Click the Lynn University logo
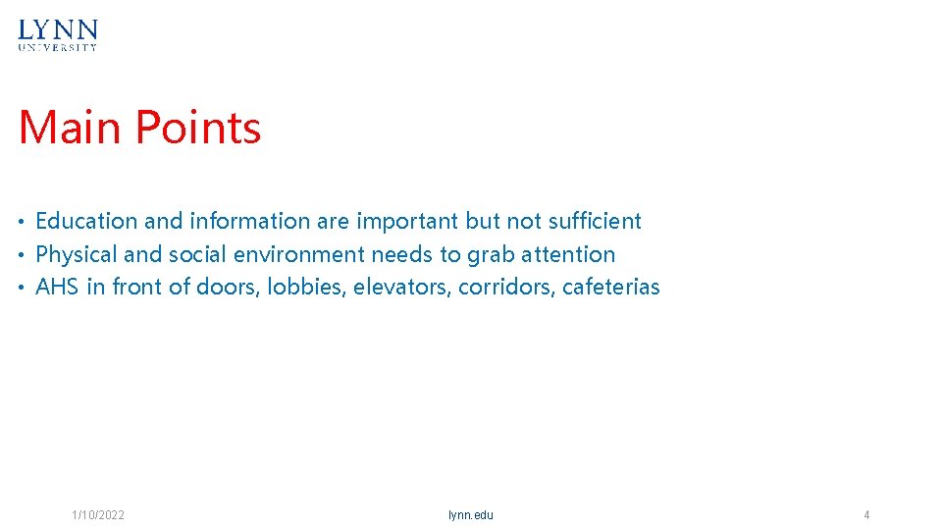[x=58, y=34]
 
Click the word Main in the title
[x=72, y=128]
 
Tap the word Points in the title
[x=198, y=128]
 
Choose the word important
[x=407, y=221]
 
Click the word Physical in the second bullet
[x=77, y=254]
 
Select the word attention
[x=568, y=254]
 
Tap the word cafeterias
[x=611, y=287]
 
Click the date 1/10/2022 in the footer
[x=98, y=515]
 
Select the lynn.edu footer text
[x=471, y=515]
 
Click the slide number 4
[x=866, y=515]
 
